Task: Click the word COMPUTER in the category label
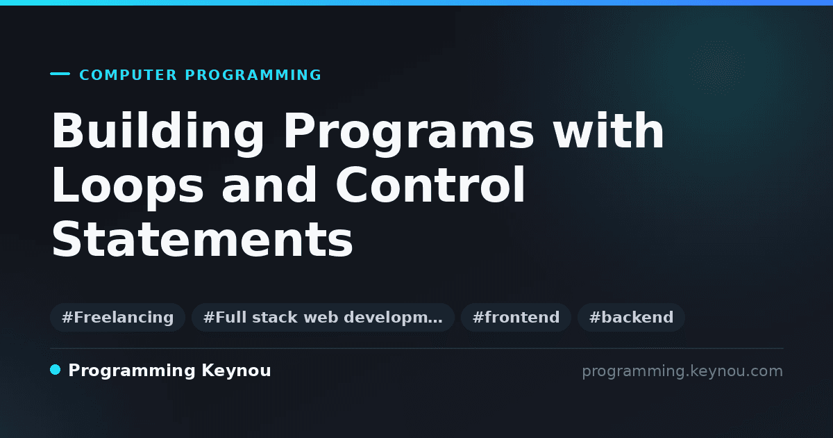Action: [x=128, y=75]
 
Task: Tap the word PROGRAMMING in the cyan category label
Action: [x=253, y=75]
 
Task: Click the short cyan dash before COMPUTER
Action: [x=60, y=74]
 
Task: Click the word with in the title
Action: [x=608, y=131]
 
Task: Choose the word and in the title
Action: [x=269, y=184]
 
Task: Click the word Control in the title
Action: [x=430, y=184]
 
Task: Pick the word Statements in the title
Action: [x=202, y=238]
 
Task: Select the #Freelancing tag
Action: [x=117, y=317]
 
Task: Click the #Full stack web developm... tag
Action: [x=323, y=317]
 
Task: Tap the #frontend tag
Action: [x=516, y=317]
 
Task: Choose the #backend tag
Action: [x=631, y=317]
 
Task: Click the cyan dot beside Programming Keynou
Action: [x=56, y=370]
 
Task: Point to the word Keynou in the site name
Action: [x=236, y=371]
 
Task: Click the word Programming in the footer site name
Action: [x=132, y=371]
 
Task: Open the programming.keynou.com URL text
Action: [x=682, y=371]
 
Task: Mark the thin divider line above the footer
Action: [x=416, y=348]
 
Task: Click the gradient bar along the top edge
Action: [x=416, y=3]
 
